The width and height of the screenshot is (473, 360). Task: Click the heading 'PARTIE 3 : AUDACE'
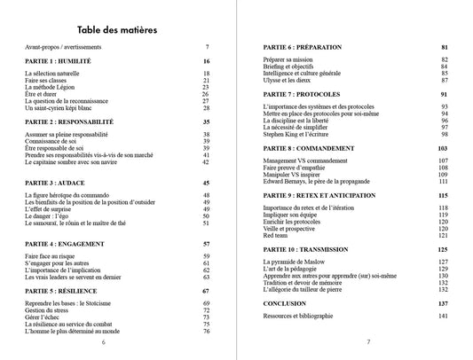[55, 181]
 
